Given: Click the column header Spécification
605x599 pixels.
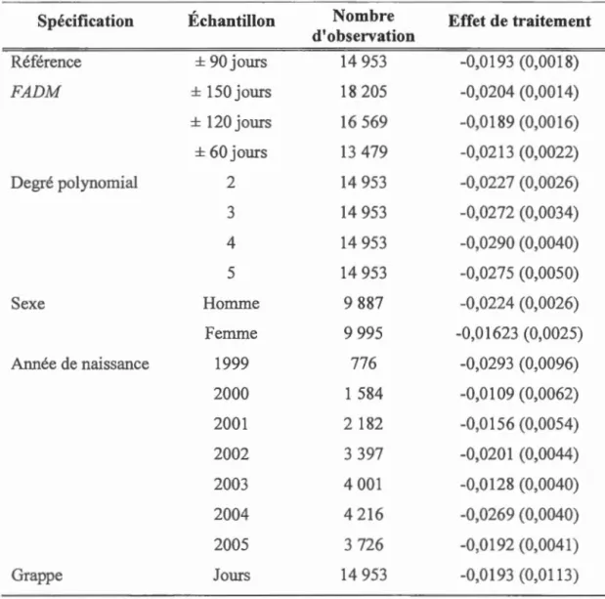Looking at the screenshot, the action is pyautogui.click(x=85, y=21).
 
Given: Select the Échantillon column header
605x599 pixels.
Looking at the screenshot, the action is pyautogui.click(x=232, y=20).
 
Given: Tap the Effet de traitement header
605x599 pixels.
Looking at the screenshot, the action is pyautogui.click(x=519, y=21).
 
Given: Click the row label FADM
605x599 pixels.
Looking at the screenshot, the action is pyautogui.click(x=35, y=92).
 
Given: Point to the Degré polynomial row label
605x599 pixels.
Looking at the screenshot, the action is pyautogui.click(x=74, y=183).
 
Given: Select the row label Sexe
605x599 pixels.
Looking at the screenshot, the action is pyautogui.click(x=27, y=303).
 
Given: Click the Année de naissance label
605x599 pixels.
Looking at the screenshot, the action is pyautogui.click(x=80, y=364).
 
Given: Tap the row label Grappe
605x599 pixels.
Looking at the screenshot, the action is pyautogui.click(x=37, y=576).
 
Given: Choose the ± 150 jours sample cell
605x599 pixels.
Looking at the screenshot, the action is pyautogui.click(x=231, y=92).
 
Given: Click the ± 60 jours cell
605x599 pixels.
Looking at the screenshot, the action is pyautogui.click(x=231, y=152).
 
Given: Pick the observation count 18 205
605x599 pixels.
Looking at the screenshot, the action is pyautogui.click(x=364, y=92).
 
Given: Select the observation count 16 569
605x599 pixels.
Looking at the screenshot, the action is pyautogui.click(x=364, y=122).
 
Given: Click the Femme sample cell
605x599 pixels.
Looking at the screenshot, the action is pyautogui.click(x=231, y=333).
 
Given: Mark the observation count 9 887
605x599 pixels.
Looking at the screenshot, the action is pyautogui.click(x=364, y=303).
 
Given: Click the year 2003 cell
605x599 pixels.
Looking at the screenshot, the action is pyautogui.click(x=231, y=484).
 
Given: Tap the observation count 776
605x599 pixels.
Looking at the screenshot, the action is pyautogui.click(x=364, y=364).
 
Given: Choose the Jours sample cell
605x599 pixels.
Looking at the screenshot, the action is pyautogui.click(x=232, y=576).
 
